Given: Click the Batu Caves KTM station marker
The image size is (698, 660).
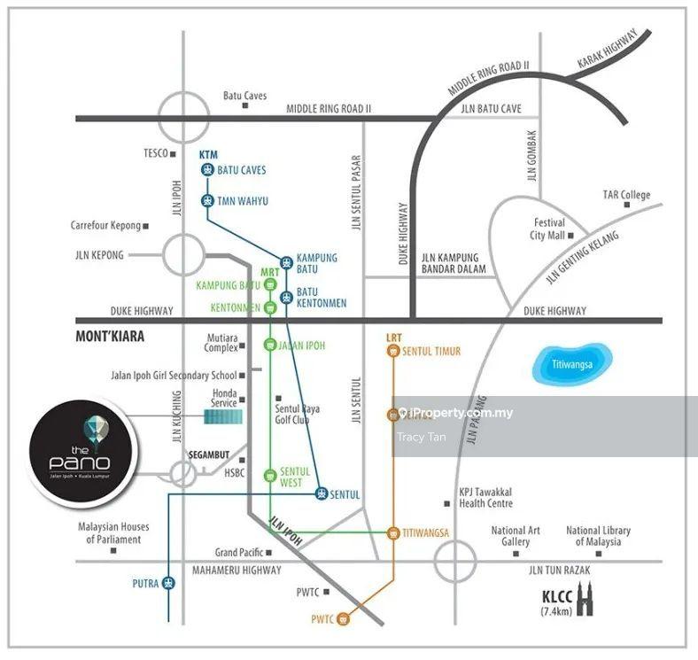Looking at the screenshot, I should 206,170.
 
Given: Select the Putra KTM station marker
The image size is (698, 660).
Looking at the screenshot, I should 168,583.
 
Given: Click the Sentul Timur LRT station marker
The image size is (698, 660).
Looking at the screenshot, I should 392,352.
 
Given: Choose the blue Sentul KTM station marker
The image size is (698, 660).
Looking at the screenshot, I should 321,494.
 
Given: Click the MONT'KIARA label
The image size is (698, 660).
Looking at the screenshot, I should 110,337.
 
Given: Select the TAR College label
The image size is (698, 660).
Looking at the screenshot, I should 626,195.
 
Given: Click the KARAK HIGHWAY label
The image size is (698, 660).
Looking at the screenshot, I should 607,50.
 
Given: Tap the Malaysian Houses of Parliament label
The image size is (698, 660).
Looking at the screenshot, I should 112,533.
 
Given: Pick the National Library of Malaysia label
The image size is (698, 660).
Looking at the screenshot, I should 598,536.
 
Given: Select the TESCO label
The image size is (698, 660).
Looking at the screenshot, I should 156,153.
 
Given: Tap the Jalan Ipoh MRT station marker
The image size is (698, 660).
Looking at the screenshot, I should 270,346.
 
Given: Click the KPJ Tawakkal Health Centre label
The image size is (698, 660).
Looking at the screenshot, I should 485,498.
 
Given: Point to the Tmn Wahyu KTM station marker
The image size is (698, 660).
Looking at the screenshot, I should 206,201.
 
